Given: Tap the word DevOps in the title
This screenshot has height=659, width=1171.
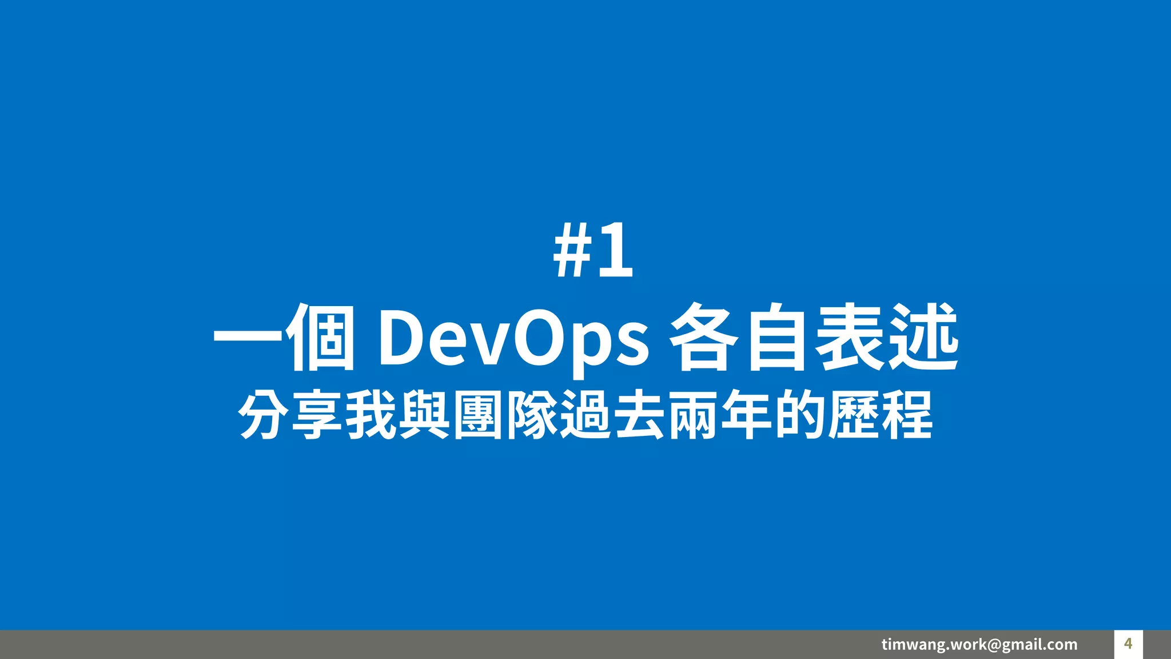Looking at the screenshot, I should (513, 338).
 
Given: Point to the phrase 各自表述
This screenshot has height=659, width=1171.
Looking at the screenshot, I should (814, 338).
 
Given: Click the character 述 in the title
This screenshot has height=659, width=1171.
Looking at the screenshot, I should (923, 338).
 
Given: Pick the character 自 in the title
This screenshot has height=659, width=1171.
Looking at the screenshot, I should (776, 338).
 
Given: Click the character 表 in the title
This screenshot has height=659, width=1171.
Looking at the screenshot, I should (850, 338).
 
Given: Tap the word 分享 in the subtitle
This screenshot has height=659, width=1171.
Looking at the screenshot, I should (290, 415).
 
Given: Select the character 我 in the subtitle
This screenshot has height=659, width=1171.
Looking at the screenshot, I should (371, 415).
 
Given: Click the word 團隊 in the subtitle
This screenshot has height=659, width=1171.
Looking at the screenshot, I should (505, 415).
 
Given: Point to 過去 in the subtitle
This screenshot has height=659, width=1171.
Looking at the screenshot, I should (611, 415).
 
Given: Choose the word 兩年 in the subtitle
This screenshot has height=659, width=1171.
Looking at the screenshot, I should (719, 415).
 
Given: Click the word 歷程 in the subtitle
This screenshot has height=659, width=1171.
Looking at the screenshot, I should (881, 415).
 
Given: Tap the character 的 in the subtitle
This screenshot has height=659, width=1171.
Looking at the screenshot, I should (799, 415).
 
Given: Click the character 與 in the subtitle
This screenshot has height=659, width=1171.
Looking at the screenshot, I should (424, 415).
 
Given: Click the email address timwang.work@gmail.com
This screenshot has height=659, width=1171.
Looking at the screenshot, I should (979, 645).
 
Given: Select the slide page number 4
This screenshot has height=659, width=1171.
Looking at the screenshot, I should (1128, 644).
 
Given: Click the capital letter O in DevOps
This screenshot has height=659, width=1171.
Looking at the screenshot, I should (536, 338).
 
